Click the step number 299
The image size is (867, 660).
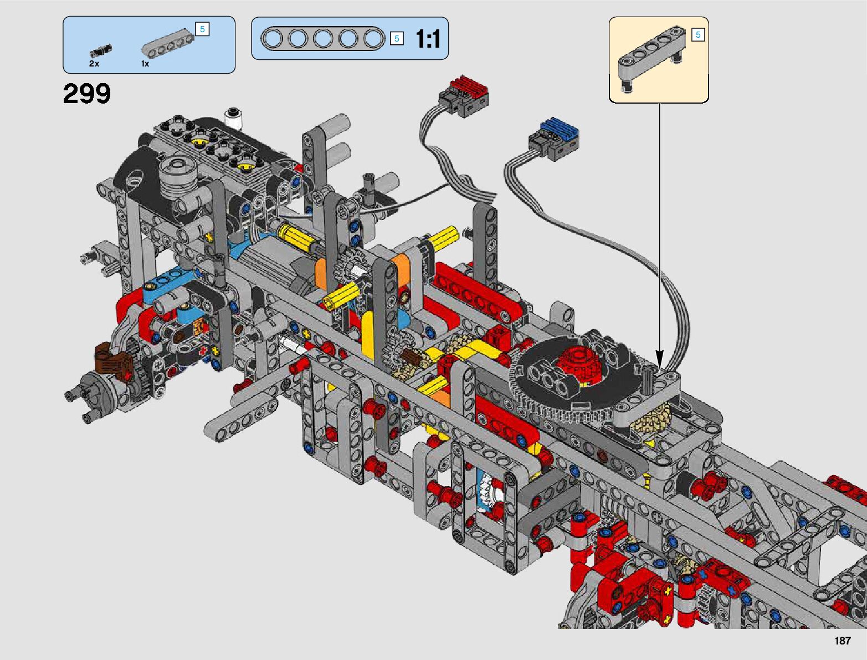87,94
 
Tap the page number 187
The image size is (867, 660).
843,641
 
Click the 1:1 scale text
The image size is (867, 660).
428,39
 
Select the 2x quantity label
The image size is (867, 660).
94,64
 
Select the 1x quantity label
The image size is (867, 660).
145,64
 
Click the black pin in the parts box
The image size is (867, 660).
101,50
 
